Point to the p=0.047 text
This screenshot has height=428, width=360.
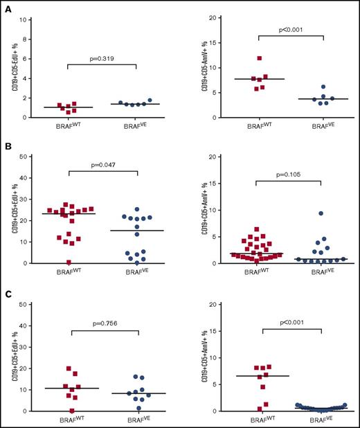point(102,167)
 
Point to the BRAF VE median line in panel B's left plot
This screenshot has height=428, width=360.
point(136,231)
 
